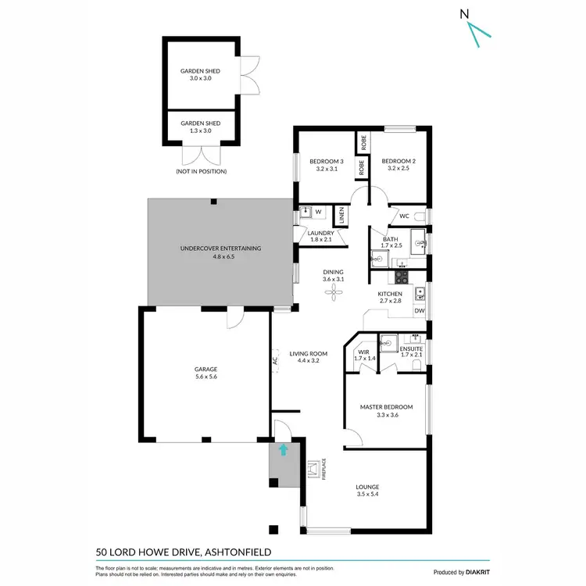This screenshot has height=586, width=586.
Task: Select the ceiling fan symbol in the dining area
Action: coord(334,292)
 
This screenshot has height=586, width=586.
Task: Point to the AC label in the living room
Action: coord(274,361)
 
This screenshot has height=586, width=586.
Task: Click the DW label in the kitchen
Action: coord(420,311)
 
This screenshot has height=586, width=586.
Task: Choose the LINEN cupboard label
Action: coord(341,216)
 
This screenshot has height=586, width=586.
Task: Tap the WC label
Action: coord(404,216)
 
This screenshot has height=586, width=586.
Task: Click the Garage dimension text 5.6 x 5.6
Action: coord(205,377)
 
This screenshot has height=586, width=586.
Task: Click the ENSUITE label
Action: coord(411,348)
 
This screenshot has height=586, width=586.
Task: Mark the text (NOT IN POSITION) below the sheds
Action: coord(201,171)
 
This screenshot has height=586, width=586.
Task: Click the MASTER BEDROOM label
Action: coord(386,407)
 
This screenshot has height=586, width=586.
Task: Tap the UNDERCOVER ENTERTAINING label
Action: coord(220,248)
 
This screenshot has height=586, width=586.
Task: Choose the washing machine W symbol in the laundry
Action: coord(319,212)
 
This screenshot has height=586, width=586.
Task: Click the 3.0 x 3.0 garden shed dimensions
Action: coord(201,78)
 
